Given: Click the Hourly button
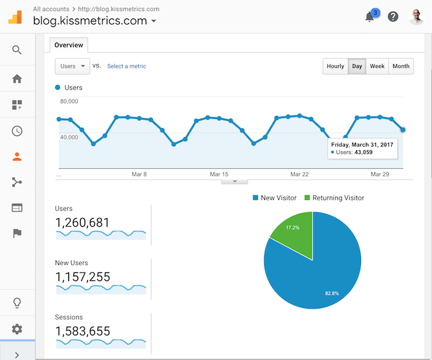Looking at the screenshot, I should point(335,67).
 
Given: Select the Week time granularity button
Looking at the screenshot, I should point(377,67).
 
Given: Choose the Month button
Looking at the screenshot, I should point(401,67).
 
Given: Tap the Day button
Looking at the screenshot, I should point(357,67).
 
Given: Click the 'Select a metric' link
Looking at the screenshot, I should point(127,66).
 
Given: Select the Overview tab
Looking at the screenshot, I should point(69,45).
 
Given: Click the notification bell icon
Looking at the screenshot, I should point(370,17).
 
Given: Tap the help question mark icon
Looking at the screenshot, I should point(393,17).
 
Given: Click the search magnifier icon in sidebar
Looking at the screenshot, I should point(17,50).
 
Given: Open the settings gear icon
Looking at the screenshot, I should point(17,329).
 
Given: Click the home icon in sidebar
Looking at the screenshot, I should point(17,78).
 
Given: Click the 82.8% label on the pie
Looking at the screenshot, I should point(332,293).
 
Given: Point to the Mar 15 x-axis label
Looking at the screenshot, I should point(219,174).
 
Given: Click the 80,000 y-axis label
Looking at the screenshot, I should point(69,101).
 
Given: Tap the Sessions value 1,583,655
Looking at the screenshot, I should point(83,330).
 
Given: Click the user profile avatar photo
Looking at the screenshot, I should point(417,17).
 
